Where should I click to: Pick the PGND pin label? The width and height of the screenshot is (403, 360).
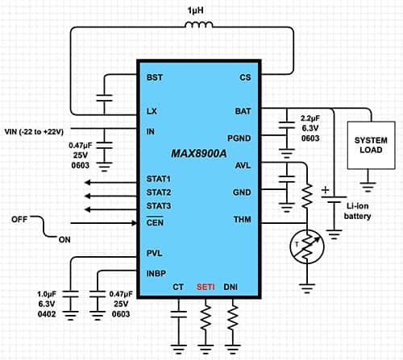[241, 138]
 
